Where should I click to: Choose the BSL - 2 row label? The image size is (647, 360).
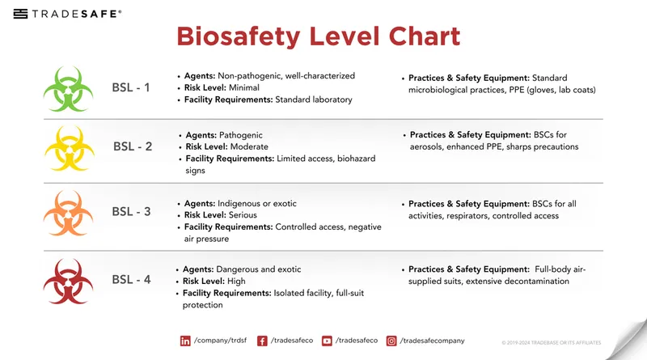133,146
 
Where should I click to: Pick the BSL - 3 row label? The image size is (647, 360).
131,212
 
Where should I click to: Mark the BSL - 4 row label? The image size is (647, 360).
131,280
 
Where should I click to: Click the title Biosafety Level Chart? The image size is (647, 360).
318,36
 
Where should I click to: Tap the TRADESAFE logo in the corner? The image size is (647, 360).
68,14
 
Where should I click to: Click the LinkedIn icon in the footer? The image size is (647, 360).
185,341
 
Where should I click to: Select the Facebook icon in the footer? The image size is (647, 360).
262,341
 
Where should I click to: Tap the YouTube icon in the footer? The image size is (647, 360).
327,341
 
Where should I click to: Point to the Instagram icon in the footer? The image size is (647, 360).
391,341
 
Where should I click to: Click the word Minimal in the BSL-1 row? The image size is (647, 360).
244,87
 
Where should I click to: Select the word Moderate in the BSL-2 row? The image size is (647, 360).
247,147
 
